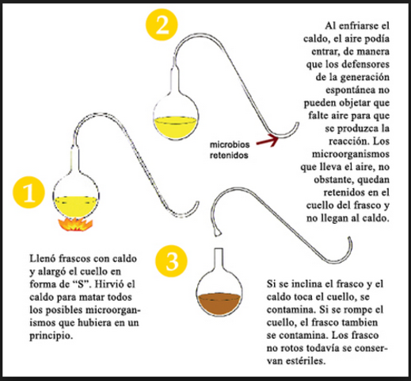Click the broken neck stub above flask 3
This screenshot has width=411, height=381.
[x=216, y=233]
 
